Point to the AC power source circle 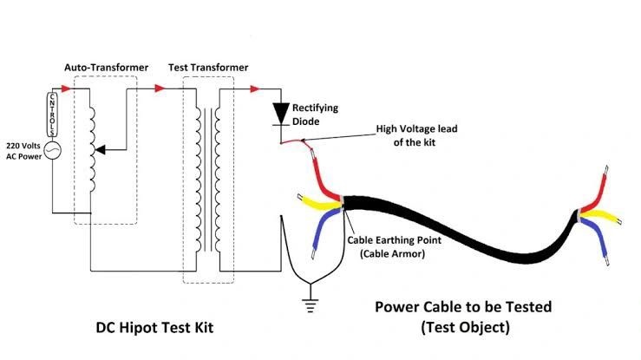51,151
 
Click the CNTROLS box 51,114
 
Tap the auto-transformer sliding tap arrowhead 101,151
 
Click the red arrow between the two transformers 158,88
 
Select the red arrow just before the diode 255,88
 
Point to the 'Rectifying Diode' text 315,115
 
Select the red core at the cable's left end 325,178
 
